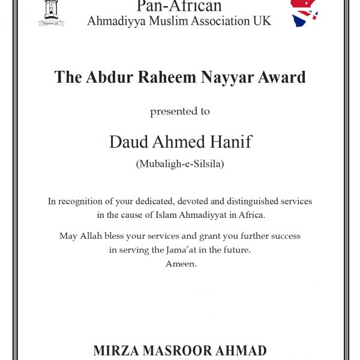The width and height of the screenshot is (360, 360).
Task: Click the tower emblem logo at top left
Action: point(51,12)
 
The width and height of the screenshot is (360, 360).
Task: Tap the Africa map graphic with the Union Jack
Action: point(305,12)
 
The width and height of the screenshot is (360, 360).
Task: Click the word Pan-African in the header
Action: point(179,7)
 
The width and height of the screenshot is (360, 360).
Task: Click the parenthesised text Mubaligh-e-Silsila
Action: point(180,164)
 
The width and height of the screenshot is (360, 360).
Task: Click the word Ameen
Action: point(181,263)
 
